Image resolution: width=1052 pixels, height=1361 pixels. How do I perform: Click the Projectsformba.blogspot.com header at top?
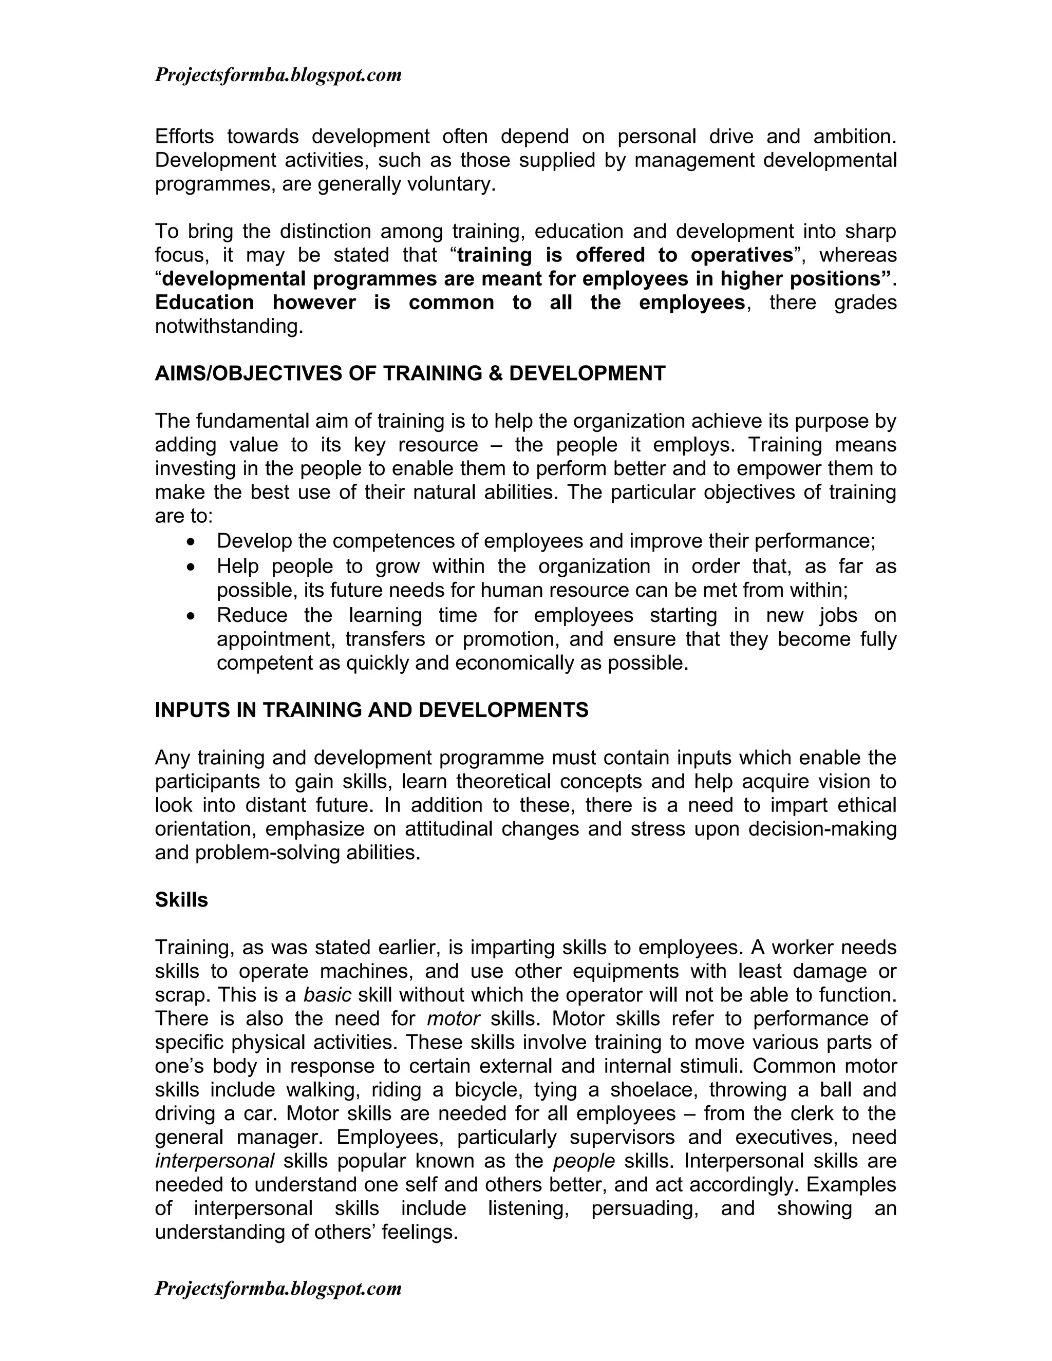[x=278, y=75]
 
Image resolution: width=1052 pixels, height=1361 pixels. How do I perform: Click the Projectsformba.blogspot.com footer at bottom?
[x=278, y=1288]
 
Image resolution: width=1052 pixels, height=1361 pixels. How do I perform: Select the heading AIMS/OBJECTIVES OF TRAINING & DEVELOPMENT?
[x=410, y=374]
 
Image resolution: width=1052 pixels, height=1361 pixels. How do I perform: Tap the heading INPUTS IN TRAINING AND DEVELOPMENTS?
[x=371, y=710]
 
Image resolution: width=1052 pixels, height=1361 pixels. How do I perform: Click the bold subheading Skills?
[x=181, y=900]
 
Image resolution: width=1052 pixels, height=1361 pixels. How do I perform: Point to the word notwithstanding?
[x=228, y=327]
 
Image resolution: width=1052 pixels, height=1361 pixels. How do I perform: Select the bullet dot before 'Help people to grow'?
[x=191, y=567]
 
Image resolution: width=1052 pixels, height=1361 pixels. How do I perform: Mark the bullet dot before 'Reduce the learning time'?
[x=191, y=616]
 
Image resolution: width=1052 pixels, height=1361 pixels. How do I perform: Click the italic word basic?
[x=327, y=995]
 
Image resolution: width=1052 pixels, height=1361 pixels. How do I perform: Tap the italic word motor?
[x=453, y=1019]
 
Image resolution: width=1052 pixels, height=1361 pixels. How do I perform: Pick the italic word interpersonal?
[x=214, y=1161]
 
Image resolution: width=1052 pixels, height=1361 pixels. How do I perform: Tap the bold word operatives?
[x=741, y=255]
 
